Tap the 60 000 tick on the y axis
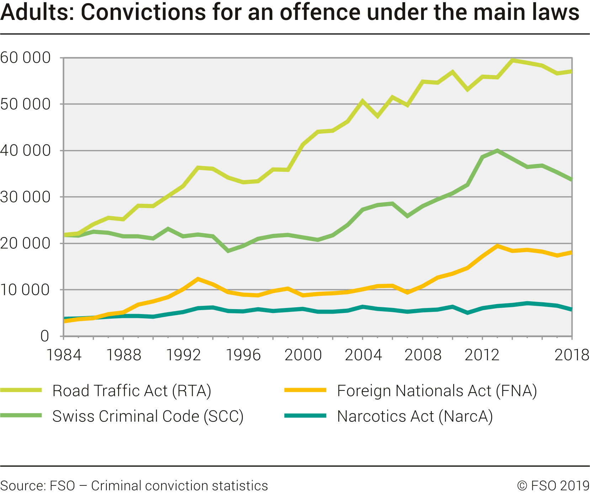(26, 58)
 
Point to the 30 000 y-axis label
(26, 197)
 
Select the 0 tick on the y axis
(44, 336)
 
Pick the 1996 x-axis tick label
(244, 355)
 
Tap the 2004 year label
(363, 355)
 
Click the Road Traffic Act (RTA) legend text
(132, 391)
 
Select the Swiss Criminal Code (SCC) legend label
(148, 416)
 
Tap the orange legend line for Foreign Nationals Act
(305, 390)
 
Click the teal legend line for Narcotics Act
(305, 415)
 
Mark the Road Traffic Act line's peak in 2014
(512, 60)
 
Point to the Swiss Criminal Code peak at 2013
(497, 151)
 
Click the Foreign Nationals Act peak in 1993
(198, 279)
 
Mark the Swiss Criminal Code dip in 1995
(228, 251)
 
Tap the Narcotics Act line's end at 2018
(571, 310)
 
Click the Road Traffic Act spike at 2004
(362, 101)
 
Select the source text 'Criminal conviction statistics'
(180, 486)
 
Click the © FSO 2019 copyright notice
(553, 486)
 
